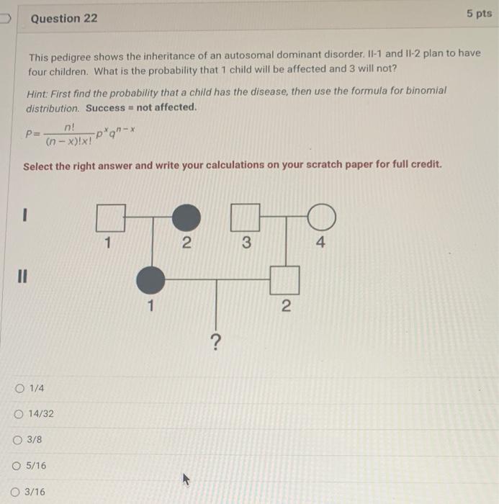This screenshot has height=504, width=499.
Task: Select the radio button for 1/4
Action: point(17,389)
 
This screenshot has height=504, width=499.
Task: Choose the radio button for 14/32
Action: point(17,414)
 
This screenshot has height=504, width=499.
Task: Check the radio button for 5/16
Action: point(17,466)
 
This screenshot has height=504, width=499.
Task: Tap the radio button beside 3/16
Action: point(17,492)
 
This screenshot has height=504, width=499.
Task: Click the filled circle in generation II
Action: point(150,279)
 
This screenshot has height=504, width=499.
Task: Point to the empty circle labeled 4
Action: point(321,216)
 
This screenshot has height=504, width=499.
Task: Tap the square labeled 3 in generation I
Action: point(246,216)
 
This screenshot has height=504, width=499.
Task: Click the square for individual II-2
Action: point(284,279)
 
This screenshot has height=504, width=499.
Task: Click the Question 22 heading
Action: point(64,18)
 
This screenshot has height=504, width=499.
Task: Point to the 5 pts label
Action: point(479,14)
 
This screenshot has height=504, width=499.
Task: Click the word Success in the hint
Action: point(104,108)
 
